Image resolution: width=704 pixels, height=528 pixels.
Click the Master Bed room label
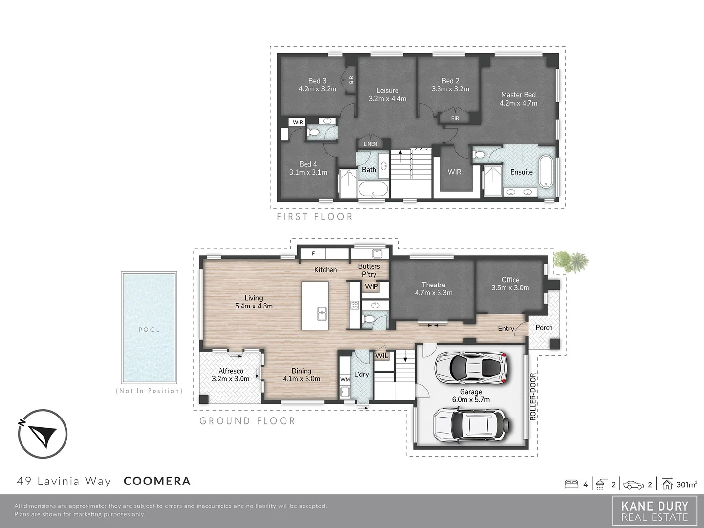pos(518,99)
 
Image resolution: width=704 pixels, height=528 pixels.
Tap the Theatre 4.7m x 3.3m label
pos(434,288)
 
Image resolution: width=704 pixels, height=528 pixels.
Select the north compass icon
pos(42,434)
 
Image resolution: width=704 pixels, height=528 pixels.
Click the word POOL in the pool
pos(149,330)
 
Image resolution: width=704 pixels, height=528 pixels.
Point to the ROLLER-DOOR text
pos(533,396)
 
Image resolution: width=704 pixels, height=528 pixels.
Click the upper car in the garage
pos(471,367)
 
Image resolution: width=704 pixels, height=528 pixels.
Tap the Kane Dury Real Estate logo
pos(655,511)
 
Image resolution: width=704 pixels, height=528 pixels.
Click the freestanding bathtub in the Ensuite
pos(546,171)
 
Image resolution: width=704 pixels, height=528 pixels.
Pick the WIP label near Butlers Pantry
pos(372,286)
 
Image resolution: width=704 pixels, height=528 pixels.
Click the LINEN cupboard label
pos(371,144)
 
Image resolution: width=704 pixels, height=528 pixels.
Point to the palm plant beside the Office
pos(571,261)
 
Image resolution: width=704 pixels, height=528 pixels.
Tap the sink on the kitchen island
pos(322,313)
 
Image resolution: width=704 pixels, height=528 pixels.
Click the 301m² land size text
pos(686,484)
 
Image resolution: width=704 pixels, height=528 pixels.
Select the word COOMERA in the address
pos(157,481)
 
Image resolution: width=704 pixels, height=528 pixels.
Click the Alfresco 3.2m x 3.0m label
pos(231,374)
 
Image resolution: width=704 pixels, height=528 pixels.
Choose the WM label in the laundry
pos(345,379)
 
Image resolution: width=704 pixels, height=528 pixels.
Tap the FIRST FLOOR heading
pos(314,216)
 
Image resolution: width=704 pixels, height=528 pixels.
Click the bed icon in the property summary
pos(572,484)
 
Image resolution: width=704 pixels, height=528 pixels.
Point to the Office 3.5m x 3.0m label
pos(510,284)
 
